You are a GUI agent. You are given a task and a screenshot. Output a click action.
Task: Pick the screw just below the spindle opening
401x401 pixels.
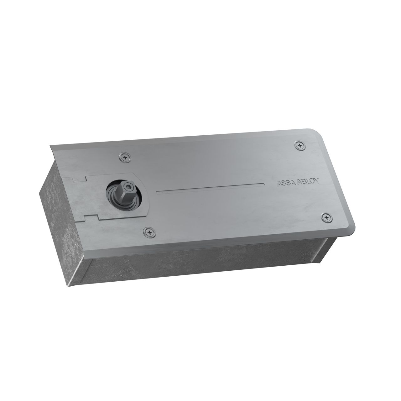[x=149, y=232]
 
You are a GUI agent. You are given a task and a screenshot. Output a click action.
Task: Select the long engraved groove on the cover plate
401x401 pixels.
[x=210, y=187]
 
